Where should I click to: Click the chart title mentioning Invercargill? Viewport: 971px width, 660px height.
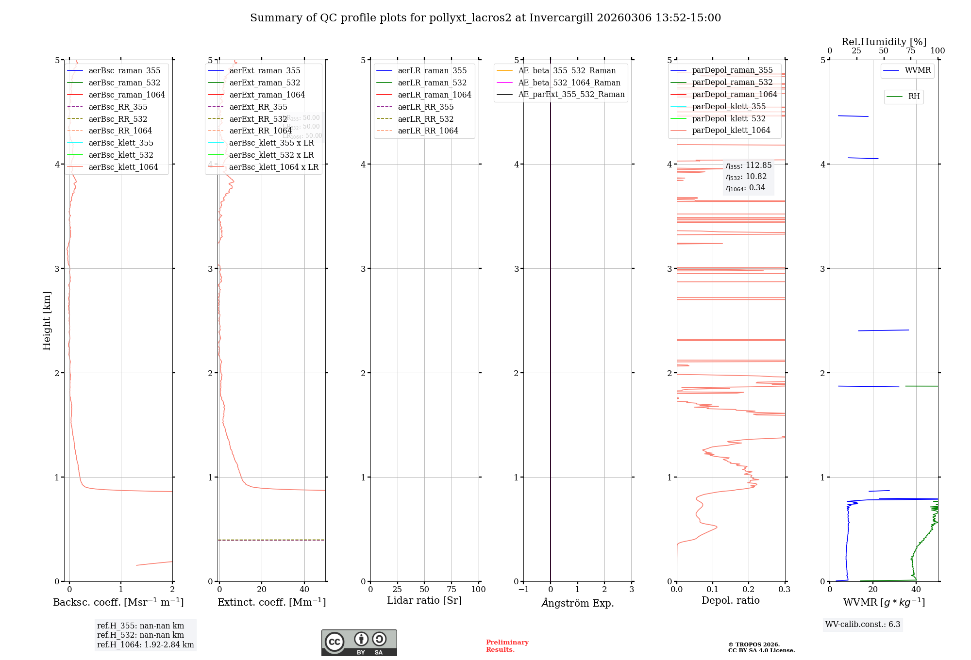[x=485, y=18]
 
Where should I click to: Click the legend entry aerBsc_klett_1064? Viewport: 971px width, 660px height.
[x=123, y=167]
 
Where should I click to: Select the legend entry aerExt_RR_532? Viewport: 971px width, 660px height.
[x=258, y=119]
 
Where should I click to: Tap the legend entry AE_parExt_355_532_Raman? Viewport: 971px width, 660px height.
[x=571, y=95]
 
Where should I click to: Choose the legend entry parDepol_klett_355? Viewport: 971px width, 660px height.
[x=728, y=106]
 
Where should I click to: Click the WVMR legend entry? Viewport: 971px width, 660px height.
[x=917, y=70]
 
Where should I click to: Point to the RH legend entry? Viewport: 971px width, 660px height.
[x=913, y=97]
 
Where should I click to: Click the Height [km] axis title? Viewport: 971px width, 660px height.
[x=47, y=320]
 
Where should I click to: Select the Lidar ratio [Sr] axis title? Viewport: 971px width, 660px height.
[x=424, y=600]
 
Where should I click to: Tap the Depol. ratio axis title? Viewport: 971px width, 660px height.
[x=730, y=600]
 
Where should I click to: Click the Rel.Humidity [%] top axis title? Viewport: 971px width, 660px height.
[x=884, y=42]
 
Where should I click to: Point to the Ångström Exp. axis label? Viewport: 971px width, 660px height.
[x=577, y=603]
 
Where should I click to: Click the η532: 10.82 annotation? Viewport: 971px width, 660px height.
[x=746, y=177]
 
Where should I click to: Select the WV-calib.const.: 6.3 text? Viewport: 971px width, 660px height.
[x=863, y=624]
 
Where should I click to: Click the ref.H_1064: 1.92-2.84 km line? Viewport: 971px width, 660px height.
[x=145, y=644]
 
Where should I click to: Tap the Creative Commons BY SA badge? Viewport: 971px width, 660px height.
[x=359, y=643]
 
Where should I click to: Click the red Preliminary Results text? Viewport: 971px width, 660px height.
[x=507, y=645]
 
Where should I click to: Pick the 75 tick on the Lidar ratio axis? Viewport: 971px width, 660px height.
[x=452, y=589]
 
